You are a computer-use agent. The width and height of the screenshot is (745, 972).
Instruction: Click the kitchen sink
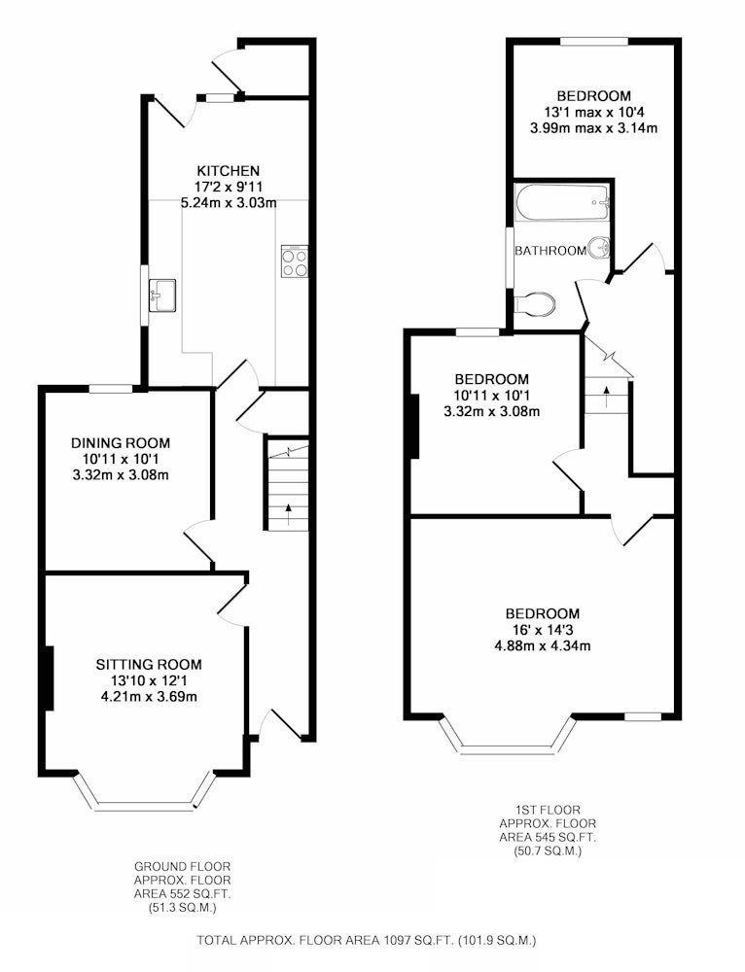coord(162,295)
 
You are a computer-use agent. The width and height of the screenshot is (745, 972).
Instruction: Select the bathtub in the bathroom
coord(563,202)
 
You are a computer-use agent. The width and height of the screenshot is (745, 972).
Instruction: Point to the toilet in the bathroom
coord(535,303)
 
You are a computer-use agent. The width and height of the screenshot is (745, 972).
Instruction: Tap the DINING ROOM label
coord(121,443)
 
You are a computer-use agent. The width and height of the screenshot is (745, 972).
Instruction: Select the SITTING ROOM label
coord(149,665)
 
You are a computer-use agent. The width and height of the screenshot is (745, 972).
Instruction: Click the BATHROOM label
coord(550,251)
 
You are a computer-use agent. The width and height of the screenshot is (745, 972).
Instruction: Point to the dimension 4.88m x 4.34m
coord(542,646)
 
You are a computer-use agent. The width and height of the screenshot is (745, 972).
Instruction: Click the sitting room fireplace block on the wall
coord(49,678)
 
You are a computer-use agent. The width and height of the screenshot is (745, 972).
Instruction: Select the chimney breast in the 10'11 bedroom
coord(413,427)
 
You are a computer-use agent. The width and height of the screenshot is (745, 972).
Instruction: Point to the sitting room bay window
coord(147,791)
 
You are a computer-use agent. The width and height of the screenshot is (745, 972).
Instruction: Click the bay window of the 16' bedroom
coord(507,735)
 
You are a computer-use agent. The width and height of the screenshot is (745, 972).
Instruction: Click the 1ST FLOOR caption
coord(548,810)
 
